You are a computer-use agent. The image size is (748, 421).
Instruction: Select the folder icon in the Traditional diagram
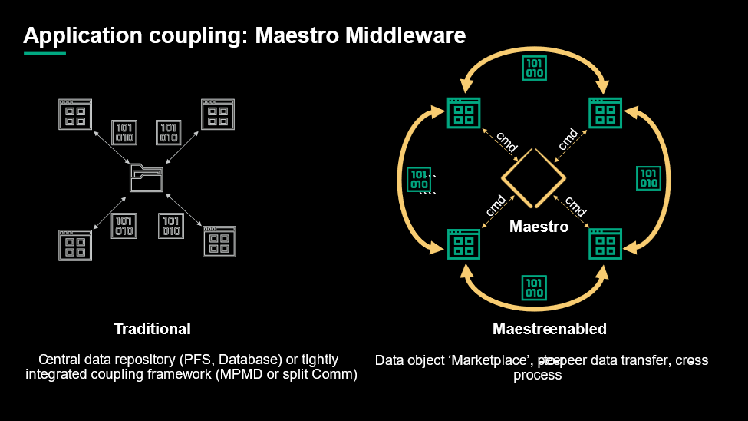147,178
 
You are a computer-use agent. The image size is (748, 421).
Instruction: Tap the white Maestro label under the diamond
539,227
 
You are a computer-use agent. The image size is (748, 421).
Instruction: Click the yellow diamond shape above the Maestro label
533,177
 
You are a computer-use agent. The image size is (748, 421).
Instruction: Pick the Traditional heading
152,329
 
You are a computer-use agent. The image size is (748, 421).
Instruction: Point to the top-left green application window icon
463,112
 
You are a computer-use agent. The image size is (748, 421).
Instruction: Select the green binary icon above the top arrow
534,68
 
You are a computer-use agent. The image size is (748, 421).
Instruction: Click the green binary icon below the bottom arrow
534,287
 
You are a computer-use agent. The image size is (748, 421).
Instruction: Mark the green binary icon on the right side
649,177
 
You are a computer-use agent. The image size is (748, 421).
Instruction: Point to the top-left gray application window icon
75,114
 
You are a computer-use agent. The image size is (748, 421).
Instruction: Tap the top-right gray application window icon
217,114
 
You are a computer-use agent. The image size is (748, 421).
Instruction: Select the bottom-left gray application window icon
75,243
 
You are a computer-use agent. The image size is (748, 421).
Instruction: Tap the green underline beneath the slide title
44,54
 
